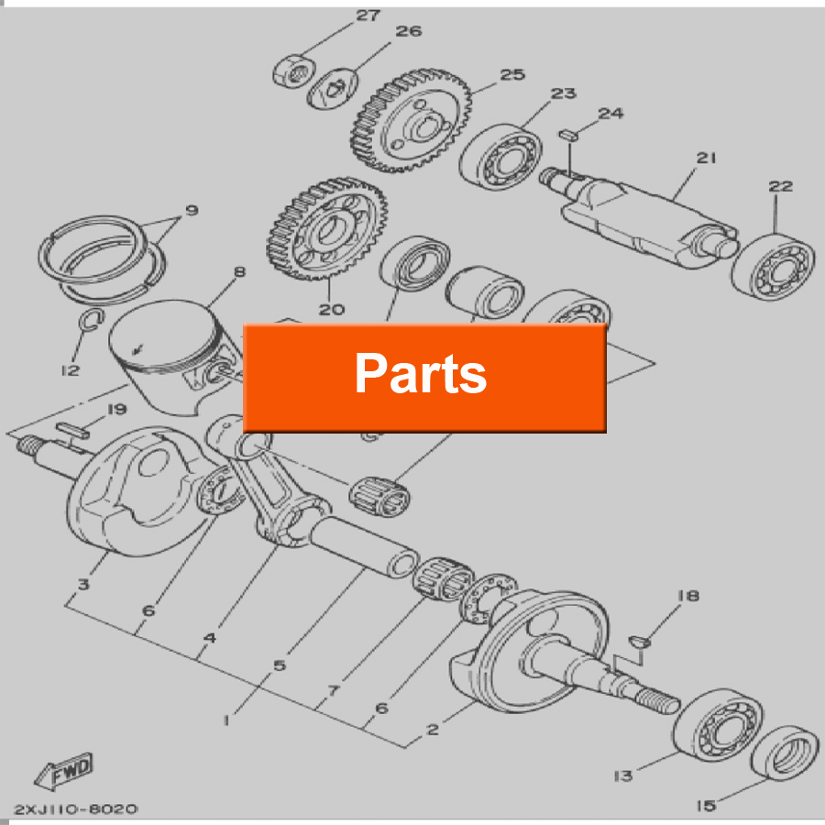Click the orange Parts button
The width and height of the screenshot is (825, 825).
(x=423, y=376)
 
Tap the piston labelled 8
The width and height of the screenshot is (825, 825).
(x=170, y=353)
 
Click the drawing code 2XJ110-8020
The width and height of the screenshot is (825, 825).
(x=75, y=809)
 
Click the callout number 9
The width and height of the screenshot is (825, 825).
(x=191, y=212)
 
